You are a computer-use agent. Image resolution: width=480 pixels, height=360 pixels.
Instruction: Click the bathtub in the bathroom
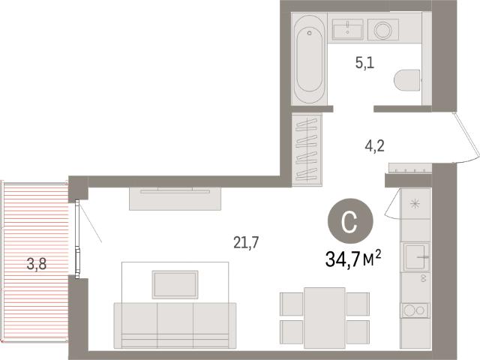(x=309, y=58)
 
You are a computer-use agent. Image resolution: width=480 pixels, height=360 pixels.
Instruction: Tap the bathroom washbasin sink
(x=348, y=29)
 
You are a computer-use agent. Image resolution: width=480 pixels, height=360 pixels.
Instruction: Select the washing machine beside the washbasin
(x=383, y=30)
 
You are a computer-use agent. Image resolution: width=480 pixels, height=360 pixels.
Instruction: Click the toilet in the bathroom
(x=406, y=80)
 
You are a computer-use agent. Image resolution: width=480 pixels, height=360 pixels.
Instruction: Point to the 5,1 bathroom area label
(x=364, y=63)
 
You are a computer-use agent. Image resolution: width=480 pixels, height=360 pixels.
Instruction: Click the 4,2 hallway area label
(x=374, y=146)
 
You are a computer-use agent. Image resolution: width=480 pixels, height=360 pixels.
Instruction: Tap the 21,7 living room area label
(x=246, y=242)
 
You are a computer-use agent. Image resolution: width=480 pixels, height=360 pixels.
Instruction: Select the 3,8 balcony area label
(x=37, y=264)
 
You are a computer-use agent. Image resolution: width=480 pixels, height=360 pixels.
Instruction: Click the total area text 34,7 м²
(x=353, y=259)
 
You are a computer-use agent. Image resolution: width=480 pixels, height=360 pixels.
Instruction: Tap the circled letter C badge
(x=350, y=221)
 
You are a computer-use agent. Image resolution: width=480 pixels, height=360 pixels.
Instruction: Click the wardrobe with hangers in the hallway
(x=307, y=150)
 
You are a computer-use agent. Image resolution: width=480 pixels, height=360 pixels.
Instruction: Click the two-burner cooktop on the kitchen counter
(x=415, y=310)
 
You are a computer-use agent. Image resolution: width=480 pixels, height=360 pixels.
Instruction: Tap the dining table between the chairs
(x=325, y=318)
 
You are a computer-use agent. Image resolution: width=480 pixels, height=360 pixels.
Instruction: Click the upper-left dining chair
(x=292, y=304)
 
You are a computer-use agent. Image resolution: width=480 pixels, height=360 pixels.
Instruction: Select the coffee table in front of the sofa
(x=175, y=285)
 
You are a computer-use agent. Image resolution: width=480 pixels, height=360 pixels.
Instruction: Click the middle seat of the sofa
(x=175, y=325)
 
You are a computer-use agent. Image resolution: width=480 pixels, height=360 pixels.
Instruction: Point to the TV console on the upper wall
(x=175, y=198)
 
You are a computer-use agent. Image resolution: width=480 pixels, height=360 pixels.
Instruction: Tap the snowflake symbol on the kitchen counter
(x=415, y=203)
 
